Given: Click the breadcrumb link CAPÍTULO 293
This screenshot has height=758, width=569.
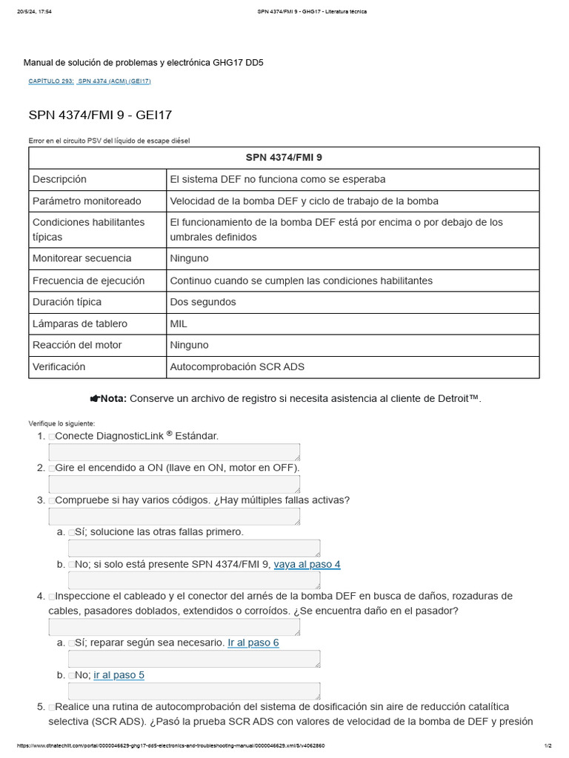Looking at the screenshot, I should (50, 81).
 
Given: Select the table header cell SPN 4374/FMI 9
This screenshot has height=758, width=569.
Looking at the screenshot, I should (284, 158).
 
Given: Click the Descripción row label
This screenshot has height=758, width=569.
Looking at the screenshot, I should (59, 179).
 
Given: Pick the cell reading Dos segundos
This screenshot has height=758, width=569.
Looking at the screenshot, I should (203, 302).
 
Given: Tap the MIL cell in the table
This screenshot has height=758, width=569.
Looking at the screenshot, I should (179, 323).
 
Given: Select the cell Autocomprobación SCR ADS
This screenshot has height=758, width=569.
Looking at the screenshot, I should (237, 366).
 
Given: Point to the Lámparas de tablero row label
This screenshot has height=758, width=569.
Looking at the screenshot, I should (80, 323).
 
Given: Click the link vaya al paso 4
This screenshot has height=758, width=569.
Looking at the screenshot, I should (307, 564).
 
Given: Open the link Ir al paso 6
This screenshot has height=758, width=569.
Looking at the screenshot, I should (253, 643).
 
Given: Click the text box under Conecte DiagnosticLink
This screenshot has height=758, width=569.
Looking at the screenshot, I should (174, 452).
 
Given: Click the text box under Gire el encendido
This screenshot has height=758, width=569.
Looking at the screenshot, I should (174, 484).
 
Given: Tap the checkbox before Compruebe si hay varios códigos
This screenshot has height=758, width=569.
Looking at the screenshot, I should (52, 500).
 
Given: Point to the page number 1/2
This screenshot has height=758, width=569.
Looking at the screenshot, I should (548, 745).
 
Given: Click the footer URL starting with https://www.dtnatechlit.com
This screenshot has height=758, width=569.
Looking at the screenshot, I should (170, 745).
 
